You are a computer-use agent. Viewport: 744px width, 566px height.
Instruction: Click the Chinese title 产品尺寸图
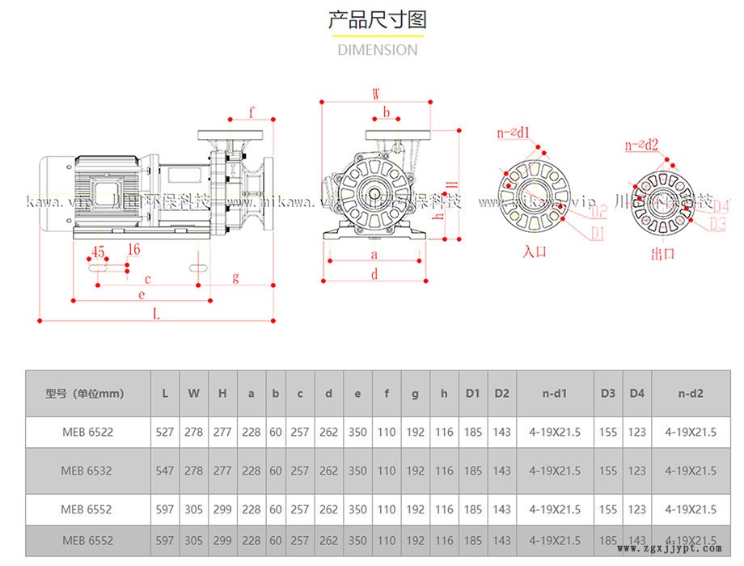[377, 19]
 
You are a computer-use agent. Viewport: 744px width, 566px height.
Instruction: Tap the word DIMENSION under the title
[377, 49]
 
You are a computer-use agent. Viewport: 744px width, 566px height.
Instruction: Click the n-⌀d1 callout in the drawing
[514, 132]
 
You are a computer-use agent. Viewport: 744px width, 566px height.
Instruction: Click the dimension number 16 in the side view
[133, 250]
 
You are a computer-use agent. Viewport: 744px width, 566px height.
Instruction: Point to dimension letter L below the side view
[156, 315]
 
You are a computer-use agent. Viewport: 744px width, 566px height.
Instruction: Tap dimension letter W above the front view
[376, 94]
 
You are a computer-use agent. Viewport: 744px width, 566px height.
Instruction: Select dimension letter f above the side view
[252, 112]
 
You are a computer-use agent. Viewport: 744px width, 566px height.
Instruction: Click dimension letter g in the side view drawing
[235, 277]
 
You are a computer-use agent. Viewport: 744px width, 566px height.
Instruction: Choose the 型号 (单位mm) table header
[85, 394]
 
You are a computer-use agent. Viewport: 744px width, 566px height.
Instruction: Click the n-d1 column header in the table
[555, 394]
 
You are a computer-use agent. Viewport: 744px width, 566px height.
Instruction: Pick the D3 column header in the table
[608, 394]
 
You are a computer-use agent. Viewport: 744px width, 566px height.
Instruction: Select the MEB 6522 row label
[87, 432]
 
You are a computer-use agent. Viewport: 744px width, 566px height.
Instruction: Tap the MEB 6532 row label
[87, 470]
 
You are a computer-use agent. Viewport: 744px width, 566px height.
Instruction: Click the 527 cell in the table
[165, 432]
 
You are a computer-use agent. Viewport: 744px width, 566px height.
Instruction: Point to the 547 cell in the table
[165, 470]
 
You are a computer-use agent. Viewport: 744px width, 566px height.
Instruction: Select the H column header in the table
[222, 394]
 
